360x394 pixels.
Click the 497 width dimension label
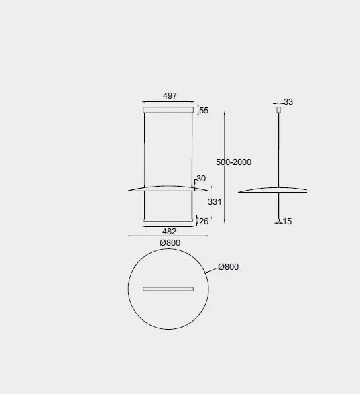tap(170, 96)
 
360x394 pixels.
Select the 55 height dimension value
tap(204, 111)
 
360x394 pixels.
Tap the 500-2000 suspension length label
tap(233, 162)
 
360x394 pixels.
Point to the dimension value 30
tap(200, 179)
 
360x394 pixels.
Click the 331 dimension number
tap(215, 201)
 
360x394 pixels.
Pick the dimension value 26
tap(204, 221)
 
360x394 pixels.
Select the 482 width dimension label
tap(169, 232)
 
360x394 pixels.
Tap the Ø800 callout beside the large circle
tap(228, 267)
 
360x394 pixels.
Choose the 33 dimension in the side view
tap(288, 102)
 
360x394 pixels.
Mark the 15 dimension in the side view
tap(287, 221)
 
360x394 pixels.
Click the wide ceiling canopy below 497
tap(168, 109)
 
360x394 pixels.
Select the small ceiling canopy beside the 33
tap(278, 109)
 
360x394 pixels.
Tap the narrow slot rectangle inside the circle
tap(168, 289)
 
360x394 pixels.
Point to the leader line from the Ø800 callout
tap(212, 270)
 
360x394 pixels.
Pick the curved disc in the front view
tap(168, 187)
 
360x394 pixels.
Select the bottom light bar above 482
tap(169, 219)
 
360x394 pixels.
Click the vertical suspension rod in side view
tap(278, 148)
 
